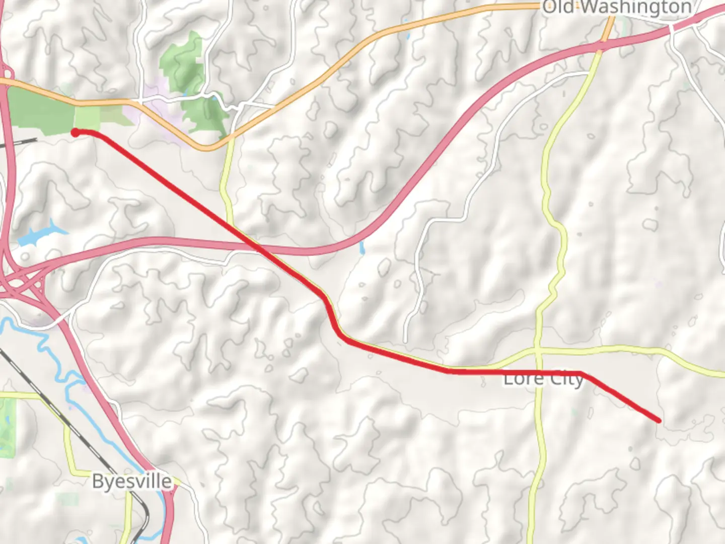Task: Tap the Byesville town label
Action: click(132, 482)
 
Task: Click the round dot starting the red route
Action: click(75, 132)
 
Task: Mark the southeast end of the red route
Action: click(659, 420)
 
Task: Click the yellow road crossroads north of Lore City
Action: click(537, 349)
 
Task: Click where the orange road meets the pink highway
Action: click(603, 44)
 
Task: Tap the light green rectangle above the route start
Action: click(87, 117)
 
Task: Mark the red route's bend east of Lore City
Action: click(583, 373)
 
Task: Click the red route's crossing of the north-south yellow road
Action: click(538, 372)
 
